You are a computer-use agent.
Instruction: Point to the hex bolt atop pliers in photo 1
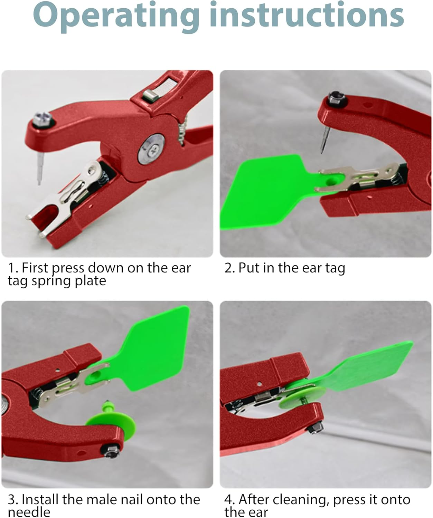(x=44, y=119)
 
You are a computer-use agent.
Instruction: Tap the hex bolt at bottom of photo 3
(x=112, y=450)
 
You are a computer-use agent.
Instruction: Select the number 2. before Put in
(x=229, y=268)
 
